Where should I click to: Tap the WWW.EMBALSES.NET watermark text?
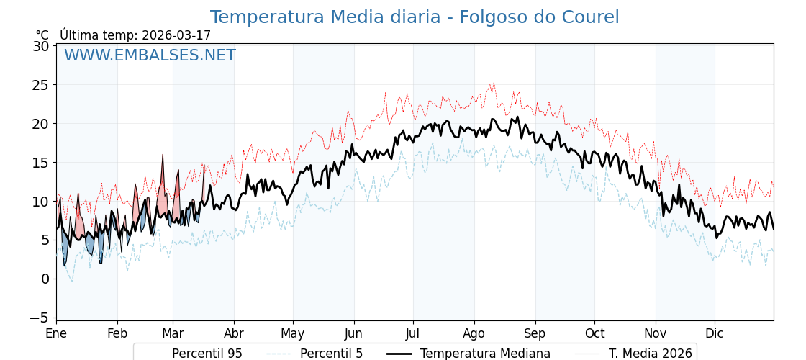[150, 55]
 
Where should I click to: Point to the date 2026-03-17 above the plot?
[176, 35]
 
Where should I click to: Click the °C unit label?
[42, 35]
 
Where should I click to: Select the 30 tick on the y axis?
[41, 46]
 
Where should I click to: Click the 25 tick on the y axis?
[41, 85]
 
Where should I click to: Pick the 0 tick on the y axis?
[45, 279]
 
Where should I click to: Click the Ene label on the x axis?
[56, 333]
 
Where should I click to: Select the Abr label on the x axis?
[234, 333]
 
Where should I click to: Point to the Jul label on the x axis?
[413, 333]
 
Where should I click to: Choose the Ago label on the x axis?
[474, 333]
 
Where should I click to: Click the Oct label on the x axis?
[594, 333]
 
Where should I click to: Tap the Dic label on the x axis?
[715, 333]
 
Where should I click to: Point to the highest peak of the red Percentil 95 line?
[494, 82]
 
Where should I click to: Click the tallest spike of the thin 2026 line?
[163, 154]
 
